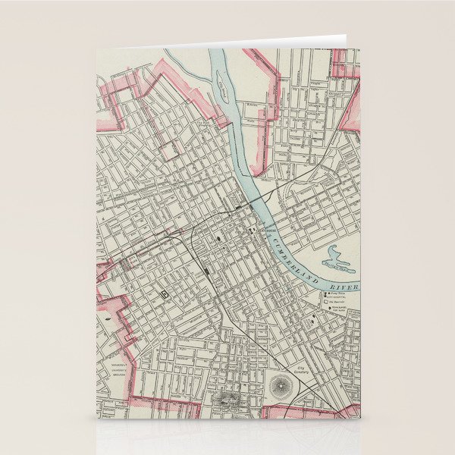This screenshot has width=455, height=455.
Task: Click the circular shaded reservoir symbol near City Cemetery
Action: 282,388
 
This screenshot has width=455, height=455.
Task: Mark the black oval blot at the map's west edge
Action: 107,320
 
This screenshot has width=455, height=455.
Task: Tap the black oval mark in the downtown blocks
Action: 220,237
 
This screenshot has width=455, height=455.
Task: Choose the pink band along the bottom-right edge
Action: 311,410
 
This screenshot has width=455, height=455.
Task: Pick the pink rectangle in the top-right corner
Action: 345,62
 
